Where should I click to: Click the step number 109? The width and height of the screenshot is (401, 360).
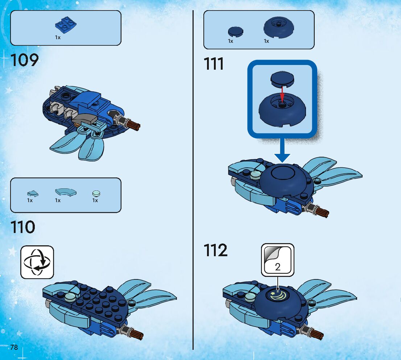tap(25, 60)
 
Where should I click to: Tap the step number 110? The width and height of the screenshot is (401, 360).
tap(23, 227)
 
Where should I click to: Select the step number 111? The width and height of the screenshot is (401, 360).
tap(214, 64)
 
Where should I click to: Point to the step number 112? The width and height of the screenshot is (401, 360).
tap(216, 250)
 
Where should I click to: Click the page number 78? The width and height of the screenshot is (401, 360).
tap(14, 347)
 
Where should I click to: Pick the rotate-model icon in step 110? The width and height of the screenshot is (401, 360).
tap(37, 262)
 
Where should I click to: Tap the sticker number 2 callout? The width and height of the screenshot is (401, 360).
tap(278, 259)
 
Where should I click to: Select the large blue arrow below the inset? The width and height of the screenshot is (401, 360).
tap(282, 150)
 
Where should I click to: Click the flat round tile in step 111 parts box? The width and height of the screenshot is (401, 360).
tap(236, 32)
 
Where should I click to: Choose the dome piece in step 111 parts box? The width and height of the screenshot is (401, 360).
tap(279, 27)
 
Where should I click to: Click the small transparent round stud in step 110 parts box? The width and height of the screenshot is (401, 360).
tap(96, 193)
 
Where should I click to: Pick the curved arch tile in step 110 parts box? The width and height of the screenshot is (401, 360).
tap(66, 192)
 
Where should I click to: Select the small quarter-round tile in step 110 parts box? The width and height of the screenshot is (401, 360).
tap(33, 193)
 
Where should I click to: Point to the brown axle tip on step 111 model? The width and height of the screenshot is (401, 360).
tap(322, 212)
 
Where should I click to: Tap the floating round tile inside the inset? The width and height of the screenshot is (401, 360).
tap(282, 79)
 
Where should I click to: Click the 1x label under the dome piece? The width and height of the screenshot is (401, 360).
tap(266, 41)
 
